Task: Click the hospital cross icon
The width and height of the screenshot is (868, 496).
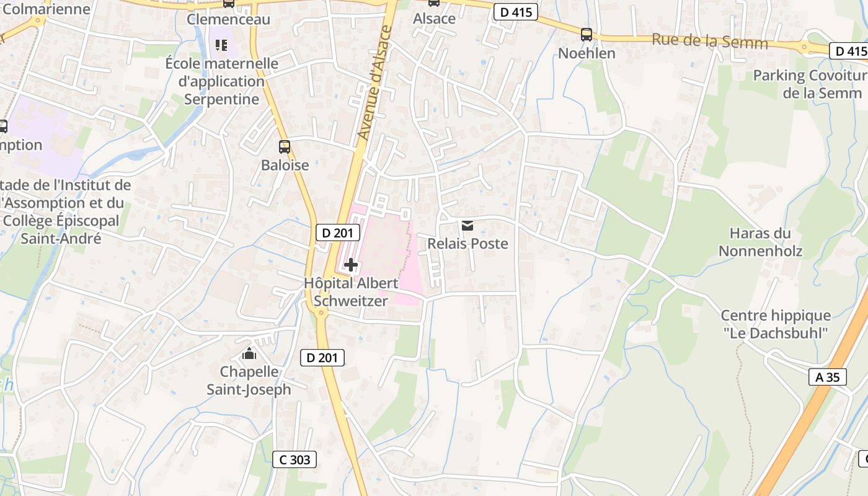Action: coord(351,265)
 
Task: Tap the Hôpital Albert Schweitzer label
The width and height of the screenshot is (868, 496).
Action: coord(351,292)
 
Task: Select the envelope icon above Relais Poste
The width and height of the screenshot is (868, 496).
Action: coord(467,226)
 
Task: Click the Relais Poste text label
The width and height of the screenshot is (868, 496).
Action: coord(467,244)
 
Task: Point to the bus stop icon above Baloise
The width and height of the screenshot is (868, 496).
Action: coord(285,147)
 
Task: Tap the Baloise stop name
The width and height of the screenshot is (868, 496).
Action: coord(285,165)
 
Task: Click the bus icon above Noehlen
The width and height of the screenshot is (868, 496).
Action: coord(587,35)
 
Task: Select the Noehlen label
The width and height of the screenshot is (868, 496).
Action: coord(587,53)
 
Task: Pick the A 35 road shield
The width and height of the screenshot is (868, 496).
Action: coord(827,376)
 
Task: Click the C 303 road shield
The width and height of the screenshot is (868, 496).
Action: coord(295,459)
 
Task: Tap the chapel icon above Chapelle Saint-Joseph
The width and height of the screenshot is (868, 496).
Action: coord(249,354)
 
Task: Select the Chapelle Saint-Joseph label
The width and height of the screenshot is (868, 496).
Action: coord(249,380)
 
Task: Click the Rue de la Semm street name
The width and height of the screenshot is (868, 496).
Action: coord(709,42)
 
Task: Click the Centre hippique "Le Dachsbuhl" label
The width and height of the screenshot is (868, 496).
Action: coord(775,324)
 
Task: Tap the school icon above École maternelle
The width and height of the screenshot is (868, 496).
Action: coord(221,45)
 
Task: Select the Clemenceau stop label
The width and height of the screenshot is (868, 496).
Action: coord(229,19)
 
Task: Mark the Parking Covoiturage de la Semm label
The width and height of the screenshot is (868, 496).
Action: coord(810,84)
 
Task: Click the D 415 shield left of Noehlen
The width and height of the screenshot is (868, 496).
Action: coord(516,12)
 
